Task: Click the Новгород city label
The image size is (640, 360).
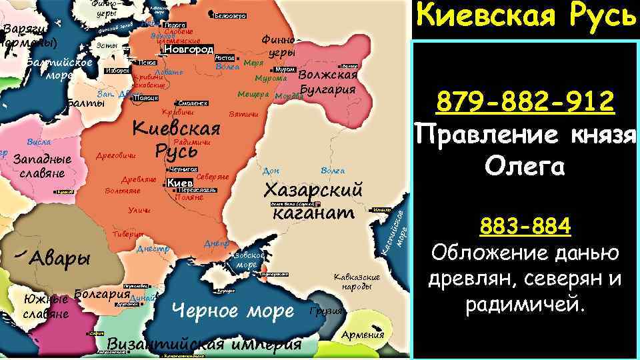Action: click(189, 49)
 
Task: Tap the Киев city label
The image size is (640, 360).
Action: click(179, 183)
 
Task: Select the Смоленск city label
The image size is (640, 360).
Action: click(193, 103)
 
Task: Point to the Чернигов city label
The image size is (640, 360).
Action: click(183, 169)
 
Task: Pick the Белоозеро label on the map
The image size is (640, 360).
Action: click(231, 15)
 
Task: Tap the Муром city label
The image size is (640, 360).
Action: click(285, 69)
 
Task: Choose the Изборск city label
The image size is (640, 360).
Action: click(117, 71)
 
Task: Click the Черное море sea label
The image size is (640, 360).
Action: click(233, 310)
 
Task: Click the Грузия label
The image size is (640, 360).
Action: click(327, 311)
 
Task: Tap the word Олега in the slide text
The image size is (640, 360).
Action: click(525, 166)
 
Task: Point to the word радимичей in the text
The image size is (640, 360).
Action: click(525, 305)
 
